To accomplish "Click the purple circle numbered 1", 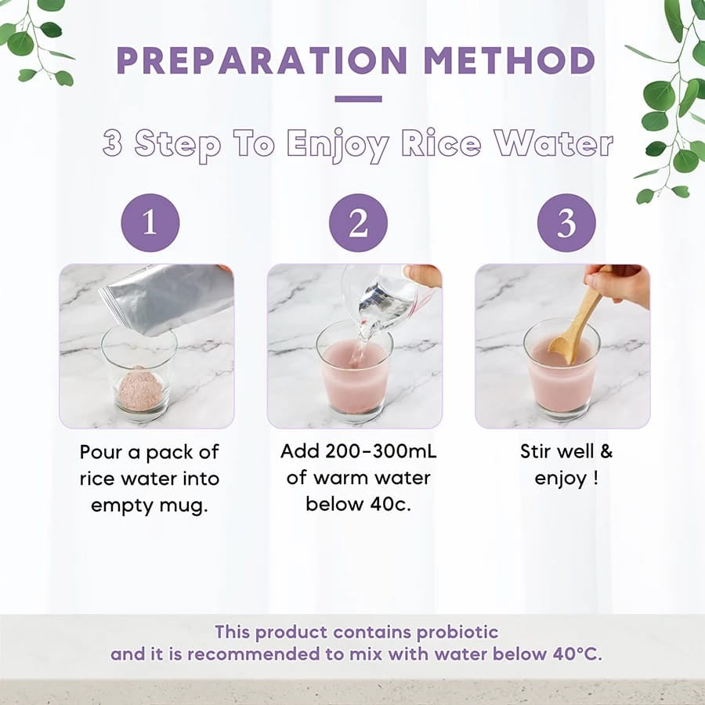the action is click(150, 222).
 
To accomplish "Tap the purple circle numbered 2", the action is click(358, 222).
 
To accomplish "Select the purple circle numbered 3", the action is click(566, 222).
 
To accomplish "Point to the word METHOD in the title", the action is click(509, 60).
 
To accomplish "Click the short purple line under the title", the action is click(358, 99).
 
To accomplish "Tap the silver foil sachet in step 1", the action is click(165, 299).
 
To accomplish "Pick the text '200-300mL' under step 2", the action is click(381, 451).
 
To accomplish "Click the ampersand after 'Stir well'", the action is click(606, 451).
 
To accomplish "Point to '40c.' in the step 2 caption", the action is click(391, 504).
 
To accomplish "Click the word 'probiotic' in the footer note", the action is click(457, 632).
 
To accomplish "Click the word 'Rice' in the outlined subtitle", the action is click(440, 143).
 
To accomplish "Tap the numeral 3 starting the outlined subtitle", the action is click(112, 143).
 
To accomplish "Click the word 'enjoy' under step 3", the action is click(560, 479).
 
